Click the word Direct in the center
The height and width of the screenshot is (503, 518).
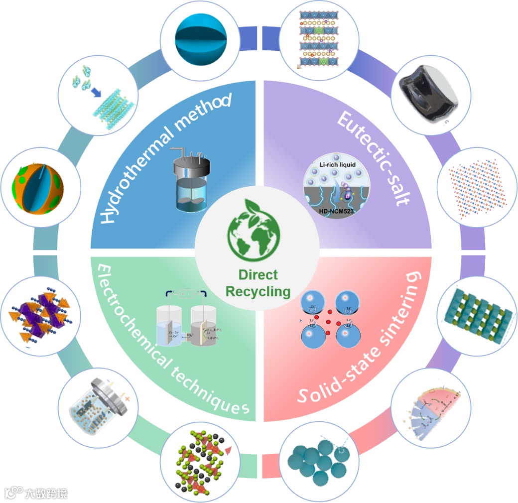pyautogui.click(x=258, y=275)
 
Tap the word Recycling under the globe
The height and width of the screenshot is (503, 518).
pyautogui.click(x=258, y=291)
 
